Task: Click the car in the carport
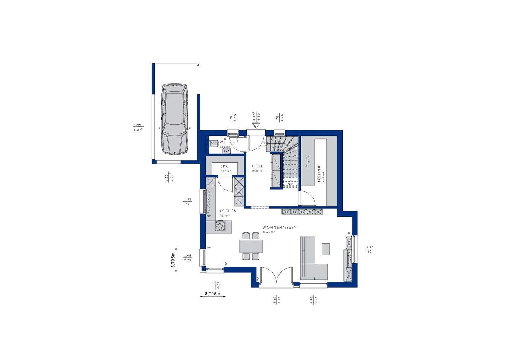174,119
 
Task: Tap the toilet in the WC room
213,143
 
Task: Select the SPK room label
224,166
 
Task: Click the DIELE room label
257,166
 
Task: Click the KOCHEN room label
227,211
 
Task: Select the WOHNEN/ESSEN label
279,228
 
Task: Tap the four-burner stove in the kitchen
220,225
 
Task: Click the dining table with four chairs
251,246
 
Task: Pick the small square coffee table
326,249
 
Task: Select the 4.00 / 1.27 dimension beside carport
137,127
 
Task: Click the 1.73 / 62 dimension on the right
370,249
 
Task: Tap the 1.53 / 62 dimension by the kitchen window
187,202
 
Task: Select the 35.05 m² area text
269,232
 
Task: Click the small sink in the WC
226,151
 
